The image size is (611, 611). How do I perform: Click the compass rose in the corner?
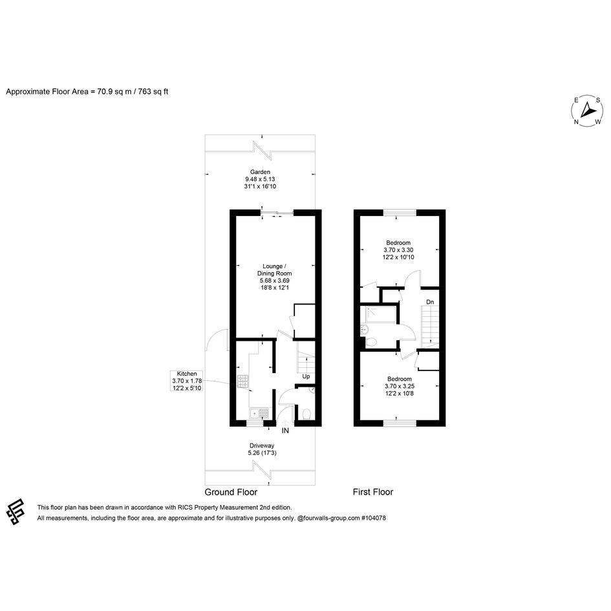coord(587,111)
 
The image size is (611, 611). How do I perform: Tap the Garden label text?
coord(260,179)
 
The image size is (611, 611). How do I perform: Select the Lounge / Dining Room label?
coord(274,277)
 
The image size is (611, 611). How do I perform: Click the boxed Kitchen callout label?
coord(187,381)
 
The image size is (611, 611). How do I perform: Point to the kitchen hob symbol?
coord(243,381)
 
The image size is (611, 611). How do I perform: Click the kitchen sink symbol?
coord(259,413)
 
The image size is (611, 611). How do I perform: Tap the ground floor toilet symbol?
coord(306,413)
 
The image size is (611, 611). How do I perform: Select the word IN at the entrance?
coord(285,431)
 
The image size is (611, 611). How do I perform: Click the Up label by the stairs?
coord(306,376)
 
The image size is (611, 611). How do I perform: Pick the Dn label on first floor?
coord(430,302)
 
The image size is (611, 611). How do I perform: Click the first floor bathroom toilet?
coord(370,342)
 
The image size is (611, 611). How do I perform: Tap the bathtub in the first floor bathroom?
coord(381,315)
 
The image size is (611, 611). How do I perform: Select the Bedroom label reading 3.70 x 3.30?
coord(398,250)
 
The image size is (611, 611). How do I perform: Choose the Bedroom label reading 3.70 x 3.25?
coord(400,386)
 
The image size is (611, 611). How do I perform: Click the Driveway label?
coord(262,449)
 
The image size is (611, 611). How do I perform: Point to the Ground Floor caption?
coord(231,492)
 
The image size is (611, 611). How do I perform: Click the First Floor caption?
coord(373,492)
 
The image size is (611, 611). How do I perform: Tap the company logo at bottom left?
coord(16,511)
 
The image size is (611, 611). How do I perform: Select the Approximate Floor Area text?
coord(87,92)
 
